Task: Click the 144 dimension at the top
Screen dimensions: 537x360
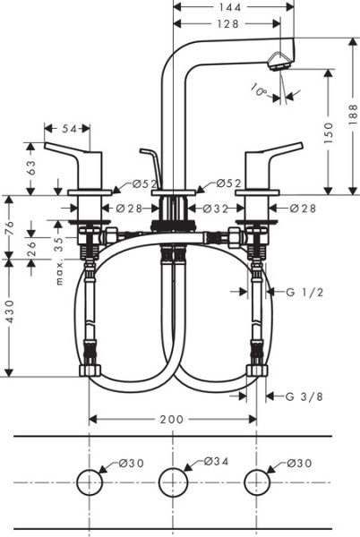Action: [x=228, y=7]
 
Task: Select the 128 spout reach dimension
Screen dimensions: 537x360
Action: [x=228, y=24]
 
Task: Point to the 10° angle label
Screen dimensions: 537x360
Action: [x=260, y=89]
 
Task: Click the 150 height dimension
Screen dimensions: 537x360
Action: [x=329, y=132]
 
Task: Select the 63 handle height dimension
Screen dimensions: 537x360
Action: [x=33, y=167]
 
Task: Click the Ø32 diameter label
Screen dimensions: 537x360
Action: [x=218, y=209]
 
